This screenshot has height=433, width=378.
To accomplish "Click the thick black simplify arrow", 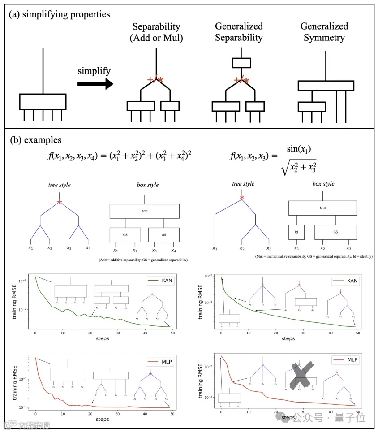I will (94, 84).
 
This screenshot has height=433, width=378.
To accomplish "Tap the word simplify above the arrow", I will (94, 71).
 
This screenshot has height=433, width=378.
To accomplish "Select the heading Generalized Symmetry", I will (324, 32).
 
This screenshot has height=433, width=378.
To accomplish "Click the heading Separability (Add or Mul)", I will (156, 32).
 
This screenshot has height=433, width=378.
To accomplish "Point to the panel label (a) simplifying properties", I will (60, 14).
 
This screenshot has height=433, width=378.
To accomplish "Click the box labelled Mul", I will (322, 208).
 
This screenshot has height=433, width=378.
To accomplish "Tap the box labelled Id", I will (296, 233).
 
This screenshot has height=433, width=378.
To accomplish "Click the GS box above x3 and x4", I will (163, 234).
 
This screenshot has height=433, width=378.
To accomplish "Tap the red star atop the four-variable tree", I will (60, 202).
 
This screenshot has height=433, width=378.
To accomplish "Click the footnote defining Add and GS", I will (144, 260).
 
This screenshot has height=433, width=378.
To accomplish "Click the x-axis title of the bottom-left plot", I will (102, 419).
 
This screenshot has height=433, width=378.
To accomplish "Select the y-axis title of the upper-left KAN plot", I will (15, 301).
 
